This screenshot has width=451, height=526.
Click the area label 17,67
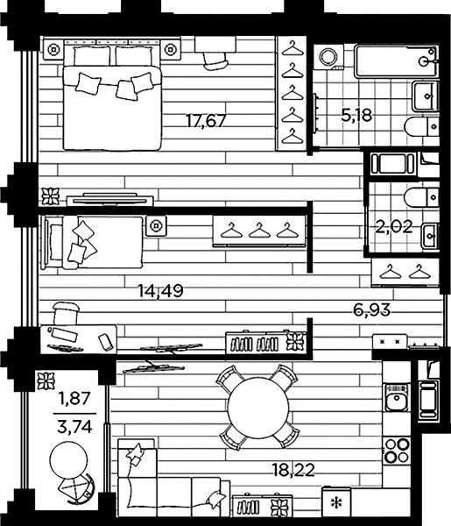pos(207,121)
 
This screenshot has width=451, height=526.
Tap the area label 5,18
pos(356,116)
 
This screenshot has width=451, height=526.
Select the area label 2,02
pos(393,227)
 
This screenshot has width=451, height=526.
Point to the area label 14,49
pos(161,291)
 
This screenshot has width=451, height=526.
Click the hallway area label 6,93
pos(372,310)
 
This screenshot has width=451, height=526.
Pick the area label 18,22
pos(293,470)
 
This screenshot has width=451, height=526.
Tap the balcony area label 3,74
pos(74,428)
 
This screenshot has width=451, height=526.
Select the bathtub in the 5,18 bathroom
pos(397,61)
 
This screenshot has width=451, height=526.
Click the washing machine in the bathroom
pos(328,56)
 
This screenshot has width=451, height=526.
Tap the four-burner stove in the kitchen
pos(397,451)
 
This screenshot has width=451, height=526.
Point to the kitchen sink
pos(397,397)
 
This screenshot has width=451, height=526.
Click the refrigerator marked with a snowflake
pos(336,501)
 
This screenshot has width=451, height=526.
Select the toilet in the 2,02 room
pos(421,197)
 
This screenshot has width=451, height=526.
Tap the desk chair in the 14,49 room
pos(66,313)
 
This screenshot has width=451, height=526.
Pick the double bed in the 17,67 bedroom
pos(112,97)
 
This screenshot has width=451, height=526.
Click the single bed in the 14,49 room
pos(92,242)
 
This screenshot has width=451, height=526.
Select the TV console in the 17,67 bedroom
pos(109,200)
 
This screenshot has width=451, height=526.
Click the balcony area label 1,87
pos(74,399)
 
